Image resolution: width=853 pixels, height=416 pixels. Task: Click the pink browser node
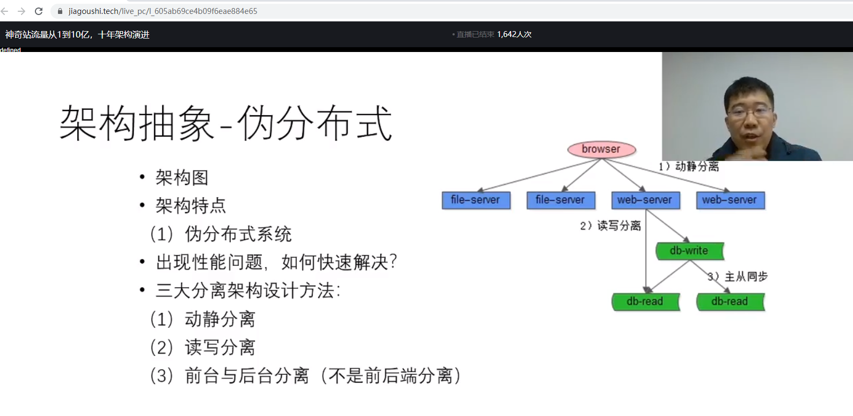pyautogui.click(x=601, y=150)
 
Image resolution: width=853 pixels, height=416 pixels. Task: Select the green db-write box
pyautogui.click(x=689, y=251)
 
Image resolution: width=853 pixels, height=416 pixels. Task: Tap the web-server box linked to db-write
pyautogui.click(x=645, y=200)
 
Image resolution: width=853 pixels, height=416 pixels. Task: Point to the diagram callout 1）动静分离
pyautogui.click(x=689, y=167)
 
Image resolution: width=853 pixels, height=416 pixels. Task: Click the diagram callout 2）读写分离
pyautogui.click(x=610, y=226)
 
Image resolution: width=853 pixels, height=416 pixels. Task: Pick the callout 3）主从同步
pyautogui.click(x=738, y=277)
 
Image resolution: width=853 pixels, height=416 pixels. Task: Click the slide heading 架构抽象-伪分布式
pyautogui.click(x=225, y=123)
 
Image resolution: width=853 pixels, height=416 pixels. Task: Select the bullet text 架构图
pyautogui.click(x=181, y=177)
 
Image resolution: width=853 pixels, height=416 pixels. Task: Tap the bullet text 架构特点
pyautogui.click(x=191, y=206)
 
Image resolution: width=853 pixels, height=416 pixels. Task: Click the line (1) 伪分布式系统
pyautogui.click(x=221, y=234)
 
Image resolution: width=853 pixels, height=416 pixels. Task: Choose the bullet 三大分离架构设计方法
pyautogui.click(x=247, y=291)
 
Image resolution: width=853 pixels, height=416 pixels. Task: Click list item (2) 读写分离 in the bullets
pyautogui.click(x=202, y=347)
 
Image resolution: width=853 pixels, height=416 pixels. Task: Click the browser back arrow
pyautogui.click(x=5, y=11)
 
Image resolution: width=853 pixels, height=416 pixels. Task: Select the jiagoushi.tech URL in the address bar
pyautogui.click(x=163, y=11)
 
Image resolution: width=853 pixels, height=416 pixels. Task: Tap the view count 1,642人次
pyautogui.click(x=514, y=34)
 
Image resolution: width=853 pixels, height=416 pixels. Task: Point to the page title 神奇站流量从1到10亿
pyautogui.click(x=77, y=35)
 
